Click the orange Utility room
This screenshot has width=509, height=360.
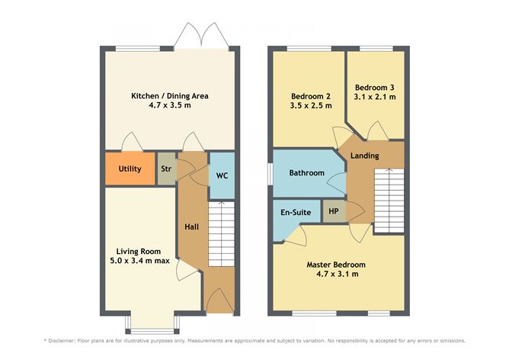pos(130,169)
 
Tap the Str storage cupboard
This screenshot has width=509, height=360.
pos(167,169)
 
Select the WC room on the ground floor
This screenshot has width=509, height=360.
pos(222,175)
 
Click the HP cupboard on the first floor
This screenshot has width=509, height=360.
pos(334,211)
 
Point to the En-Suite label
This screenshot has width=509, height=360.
pos(296,213)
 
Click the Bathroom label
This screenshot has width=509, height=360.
pos(307,173)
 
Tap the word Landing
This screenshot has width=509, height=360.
pos(364,156)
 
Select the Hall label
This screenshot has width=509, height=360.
pos(191,227)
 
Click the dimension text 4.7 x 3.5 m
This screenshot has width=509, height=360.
pos(170,105)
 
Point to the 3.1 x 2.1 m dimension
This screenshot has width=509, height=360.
pos(375,97)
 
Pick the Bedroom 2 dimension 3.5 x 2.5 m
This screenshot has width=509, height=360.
pos(311,105)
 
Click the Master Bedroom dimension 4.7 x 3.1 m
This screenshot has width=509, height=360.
pos(338,274)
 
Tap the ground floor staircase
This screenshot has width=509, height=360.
pos(222,234)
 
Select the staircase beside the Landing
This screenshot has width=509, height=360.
pos(389,201)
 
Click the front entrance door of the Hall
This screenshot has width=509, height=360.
pos(220,302)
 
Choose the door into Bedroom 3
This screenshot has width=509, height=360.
pos(378,131)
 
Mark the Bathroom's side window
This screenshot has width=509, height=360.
pos(270,174)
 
